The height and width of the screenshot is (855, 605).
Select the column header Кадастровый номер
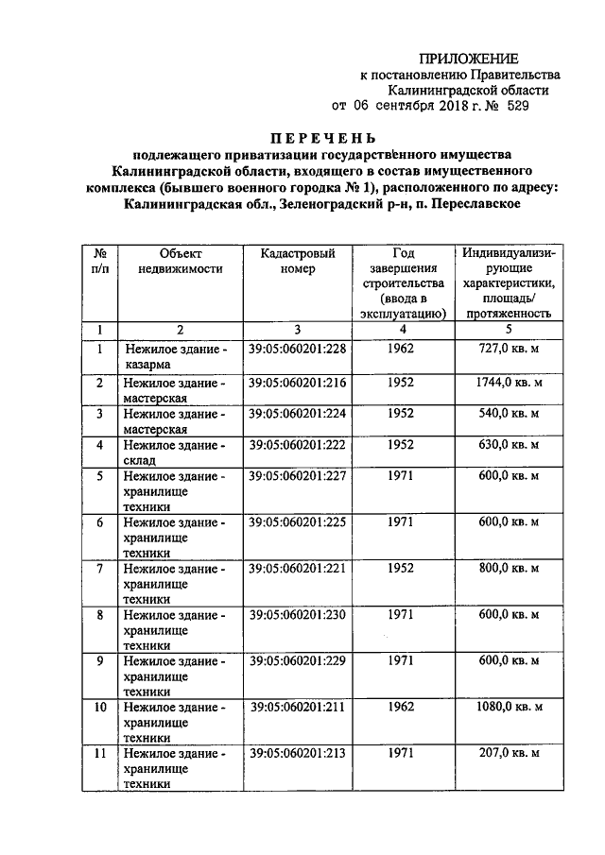(297, 261)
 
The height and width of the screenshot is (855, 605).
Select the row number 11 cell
(99, 753)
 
